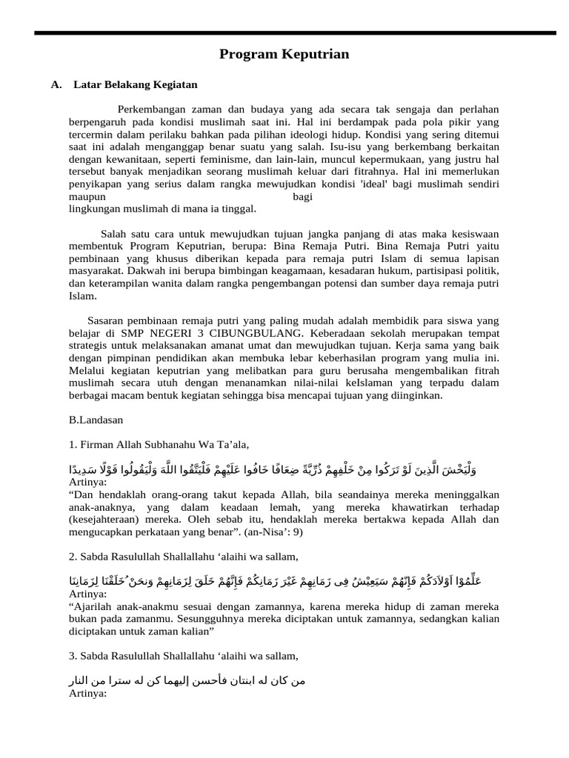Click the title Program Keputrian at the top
pos(284,55)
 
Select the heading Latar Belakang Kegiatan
pos(136,85)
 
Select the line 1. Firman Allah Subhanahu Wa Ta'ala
pos(159,445)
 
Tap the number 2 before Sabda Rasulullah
pos(72,557)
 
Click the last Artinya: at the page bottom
pos(88,694)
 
